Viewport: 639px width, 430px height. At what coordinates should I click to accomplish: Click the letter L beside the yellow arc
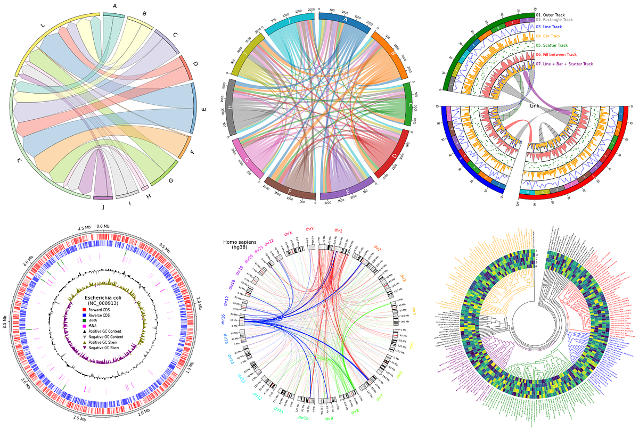click(43, 25)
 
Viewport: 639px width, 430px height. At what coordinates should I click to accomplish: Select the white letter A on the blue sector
click(345, 20)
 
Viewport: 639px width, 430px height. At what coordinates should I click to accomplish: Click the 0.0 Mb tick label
click(103, 227)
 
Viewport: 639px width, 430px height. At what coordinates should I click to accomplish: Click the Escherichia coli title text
click(105, 297)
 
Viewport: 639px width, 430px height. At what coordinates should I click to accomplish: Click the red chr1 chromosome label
click(338, 231)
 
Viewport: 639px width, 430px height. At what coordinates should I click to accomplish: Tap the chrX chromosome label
click(288, 233)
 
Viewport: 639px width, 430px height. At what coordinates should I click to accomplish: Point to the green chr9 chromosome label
click(329, 419)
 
